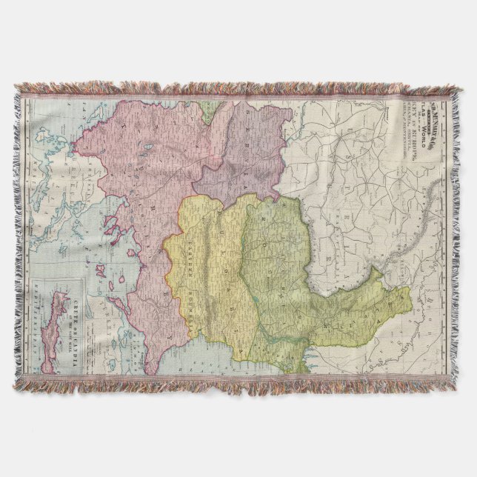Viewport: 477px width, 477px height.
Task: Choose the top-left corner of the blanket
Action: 16,89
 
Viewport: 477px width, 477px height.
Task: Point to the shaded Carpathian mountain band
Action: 356,259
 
